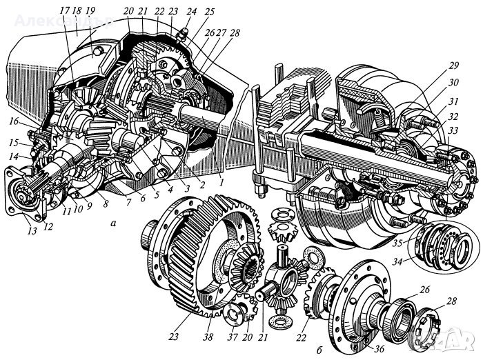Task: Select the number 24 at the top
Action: [x=171, y=12]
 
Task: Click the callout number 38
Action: [x=208, y=337]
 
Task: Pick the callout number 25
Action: [x=190, y=12]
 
